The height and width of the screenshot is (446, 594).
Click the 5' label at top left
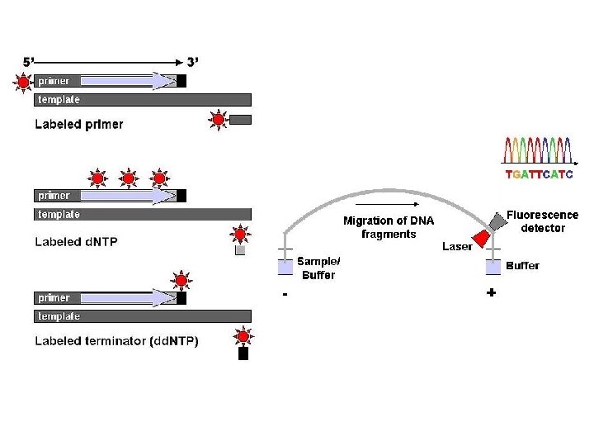[x=28, y=62]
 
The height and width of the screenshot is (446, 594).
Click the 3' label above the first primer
[x=192, y=62]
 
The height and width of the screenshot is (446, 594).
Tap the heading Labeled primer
[x=79, y=124]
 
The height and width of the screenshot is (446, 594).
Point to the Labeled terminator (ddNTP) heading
[x=116, y=341]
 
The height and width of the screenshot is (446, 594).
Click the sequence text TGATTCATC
[x=539, y=174]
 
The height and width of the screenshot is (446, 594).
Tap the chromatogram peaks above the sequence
[x=539, y=150]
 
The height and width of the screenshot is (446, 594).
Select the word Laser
[x=457, y=246]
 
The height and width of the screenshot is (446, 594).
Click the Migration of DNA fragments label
[x=389, y=226]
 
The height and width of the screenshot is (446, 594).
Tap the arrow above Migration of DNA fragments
[x=387, y=204]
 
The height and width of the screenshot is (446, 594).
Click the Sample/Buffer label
[x=318, y=268]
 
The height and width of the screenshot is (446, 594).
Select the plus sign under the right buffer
[x=492, y=293]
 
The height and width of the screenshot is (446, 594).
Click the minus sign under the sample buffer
[x=285, y=295]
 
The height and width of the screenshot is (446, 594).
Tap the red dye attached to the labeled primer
[x=22, y=82]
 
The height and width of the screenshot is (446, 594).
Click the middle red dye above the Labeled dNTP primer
[x=128, y=177]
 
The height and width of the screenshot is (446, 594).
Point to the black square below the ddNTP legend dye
[x=243, y=354]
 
